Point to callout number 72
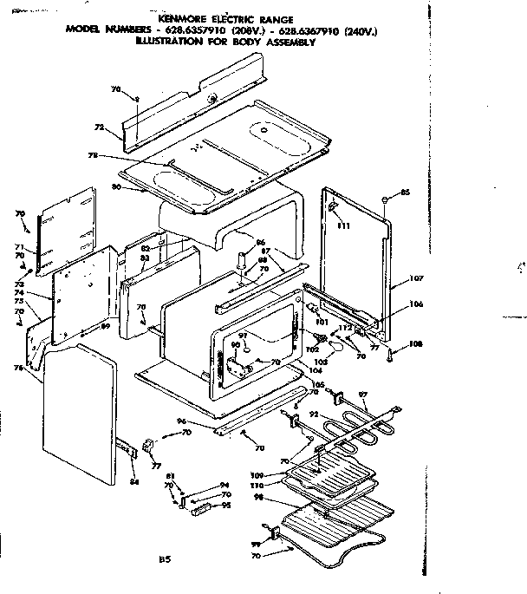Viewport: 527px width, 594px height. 98,127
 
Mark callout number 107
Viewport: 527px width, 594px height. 416,278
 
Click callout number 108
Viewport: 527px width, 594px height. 415,343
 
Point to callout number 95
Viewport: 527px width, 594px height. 225,505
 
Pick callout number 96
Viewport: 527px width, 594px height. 206,422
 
